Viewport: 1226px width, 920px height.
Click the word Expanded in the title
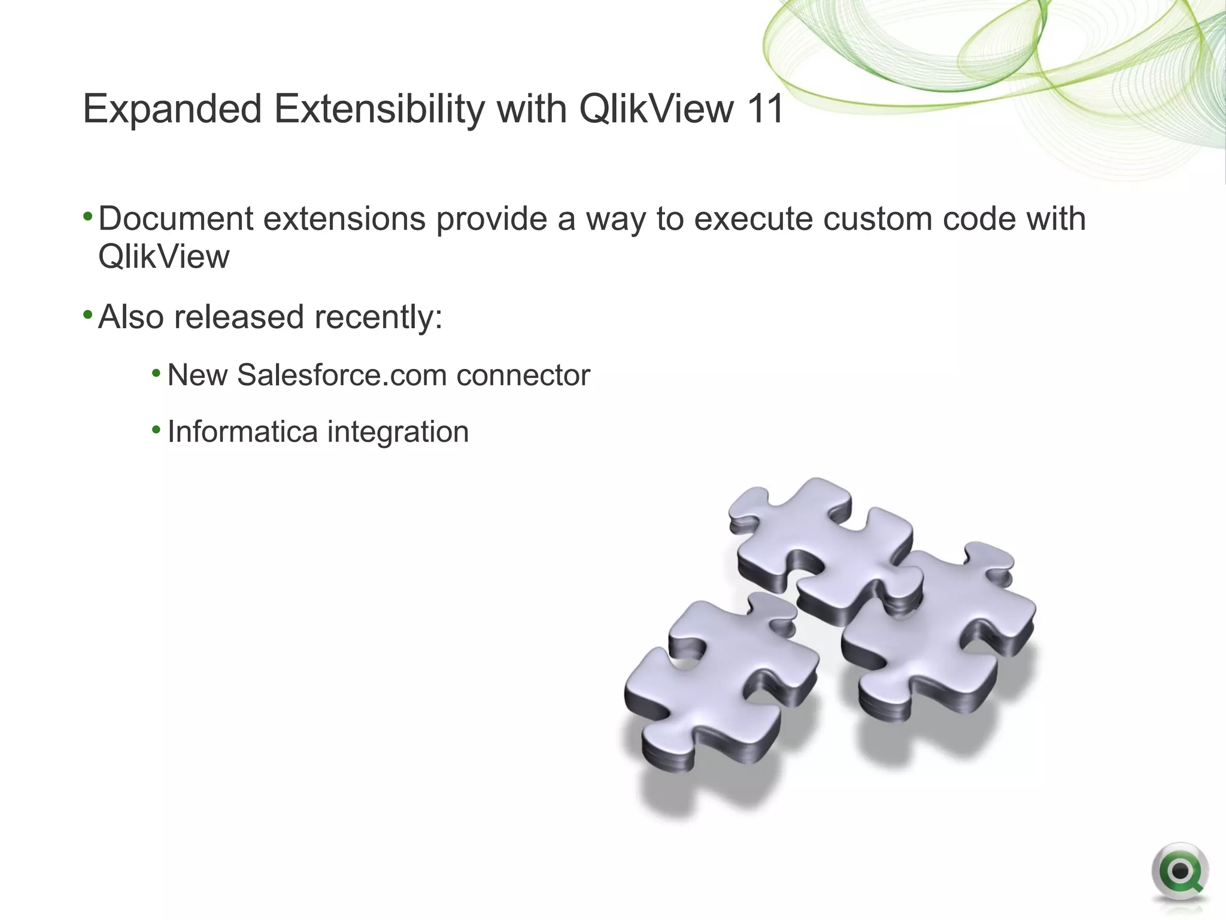[172, 110]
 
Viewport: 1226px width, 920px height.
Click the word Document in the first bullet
[175, 219]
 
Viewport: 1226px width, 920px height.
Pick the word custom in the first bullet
[877, 219]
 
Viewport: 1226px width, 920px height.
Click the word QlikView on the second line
[163, 257]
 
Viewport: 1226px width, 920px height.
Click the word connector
[523, 376]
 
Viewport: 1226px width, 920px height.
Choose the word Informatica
[242, 432]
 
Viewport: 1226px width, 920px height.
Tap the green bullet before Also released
[87, 314]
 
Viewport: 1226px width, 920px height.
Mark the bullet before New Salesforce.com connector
[156, 374]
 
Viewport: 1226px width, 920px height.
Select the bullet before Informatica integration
[156, 429]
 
